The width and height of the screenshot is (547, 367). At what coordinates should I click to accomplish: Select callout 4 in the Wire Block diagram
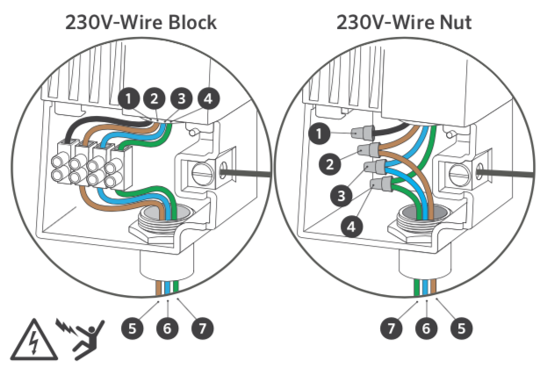[207, 98]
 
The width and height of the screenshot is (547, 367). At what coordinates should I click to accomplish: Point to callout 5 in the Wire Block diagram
[132, 328]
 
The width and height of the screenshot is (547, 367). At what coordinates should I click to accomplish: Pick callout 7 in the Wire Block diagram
[201, 328]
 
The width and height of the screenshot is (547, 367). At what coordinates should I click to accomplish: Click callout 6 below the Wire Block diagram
[167, 328]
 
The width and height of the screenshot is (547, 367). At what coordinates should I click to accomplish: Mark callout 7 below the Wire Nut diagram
[391, 328]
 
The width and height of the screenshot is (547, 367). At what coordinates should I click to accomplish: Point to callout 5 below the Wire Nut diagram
[460, 328]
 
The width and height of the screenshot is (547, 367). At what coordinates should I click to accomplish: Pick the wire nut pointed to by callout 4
[379, 186]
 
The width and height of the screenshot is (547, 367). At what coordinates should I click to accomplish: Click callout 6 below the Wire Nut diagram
[426, 328]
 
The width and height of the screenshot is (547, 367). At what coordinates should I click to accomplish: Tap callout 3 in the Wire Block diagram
[182, 98]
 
